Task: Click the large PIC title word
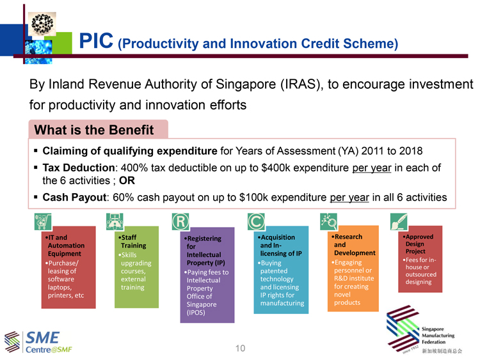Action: click(96, 41)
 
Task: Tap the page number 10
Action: click(240, 348)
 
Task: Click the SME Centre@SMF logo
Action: click(38, 342)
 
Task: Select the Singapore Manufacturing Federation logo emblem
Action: click(403, 329)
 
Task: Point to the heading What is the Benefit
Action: click(94, 130)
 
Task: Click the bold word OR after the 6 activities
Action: click(127, 180)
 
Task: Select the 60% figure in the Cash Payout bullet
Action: click(123, 198)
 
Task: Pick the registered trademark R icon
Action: click(180, 221)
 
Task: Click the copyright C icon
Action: click(256, 221)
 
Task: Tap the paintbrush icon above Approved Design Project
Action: click(399, 221)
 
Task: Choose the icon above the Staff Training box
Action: click(115, 221)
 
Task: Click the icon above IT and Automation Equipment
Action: click(43, 221)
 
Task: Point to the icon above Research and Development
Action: click(328, 221)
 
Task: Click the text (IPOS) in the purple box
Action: click(196, 313)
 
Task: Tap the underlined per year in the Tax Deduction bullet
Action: click(372, 168)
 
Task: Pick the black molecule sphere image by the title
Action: click(42, 24)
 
